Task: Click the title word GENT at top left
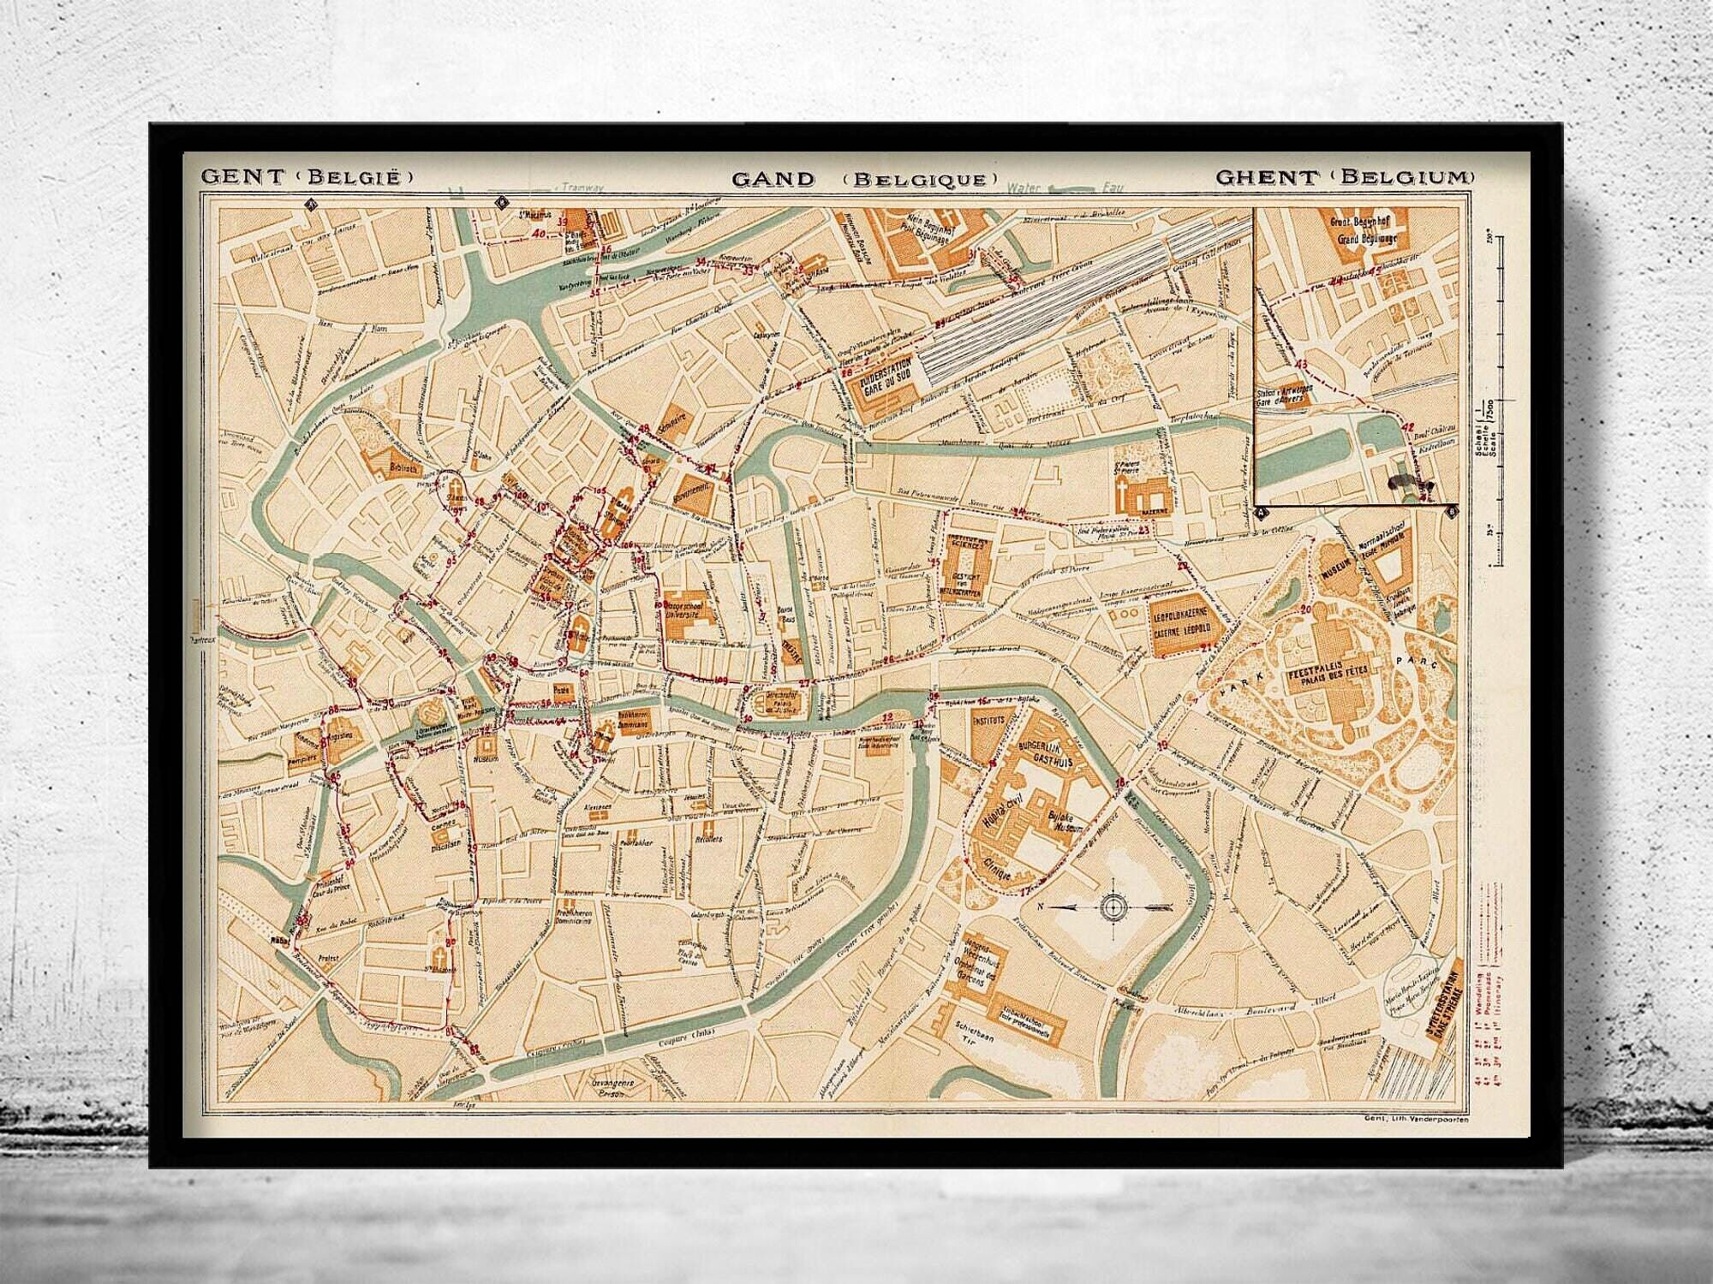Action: click(242, 177)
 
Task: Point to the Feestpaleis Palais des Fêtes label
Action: click(1321, 681)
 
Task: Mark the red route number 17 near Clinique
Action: click(1027, 891)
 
